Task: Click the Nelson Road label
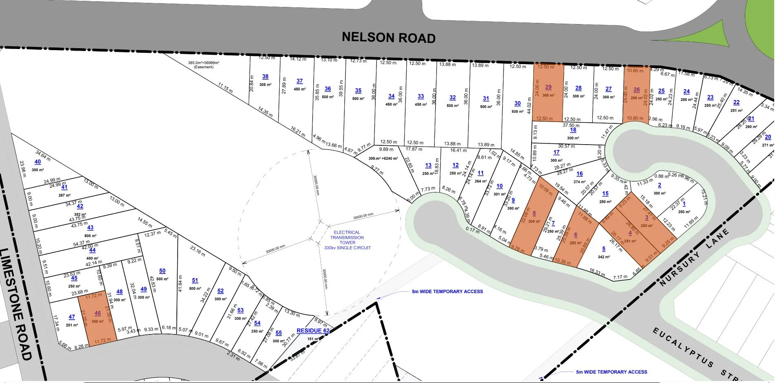click(x=388, y=38)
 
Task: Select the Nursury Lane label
click(x=694, y=257)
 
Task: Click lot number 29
click(x=548, y=87)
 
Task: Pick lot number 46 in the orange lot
click(x=98, y=313)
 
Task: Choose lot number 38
click(x=265, y=76)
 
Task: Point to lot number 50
click(x=162, y=271)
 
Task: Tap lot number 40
click(x=38, y=162)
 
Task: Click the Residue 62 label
click(x=313, y=331)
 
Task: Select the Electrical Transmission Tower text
click(x=347, y=240)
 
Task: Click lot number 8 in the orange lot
click(x=534, y=214)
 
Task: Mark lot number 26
click(x=637, y=90)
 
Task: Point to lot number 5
click(x=604, y=249)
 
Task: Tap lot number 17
click(x=556, y=152)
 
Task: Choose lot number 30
click(x=517, y=104)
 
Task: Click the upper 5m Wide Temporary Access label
click(x=447, y=292)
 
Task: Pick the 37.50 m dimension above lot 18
click(x=571, y=125)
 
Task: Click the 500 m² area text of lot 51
click(x=195, y=289)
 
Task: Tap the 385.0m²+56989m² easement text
click(x=203, y=65)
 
